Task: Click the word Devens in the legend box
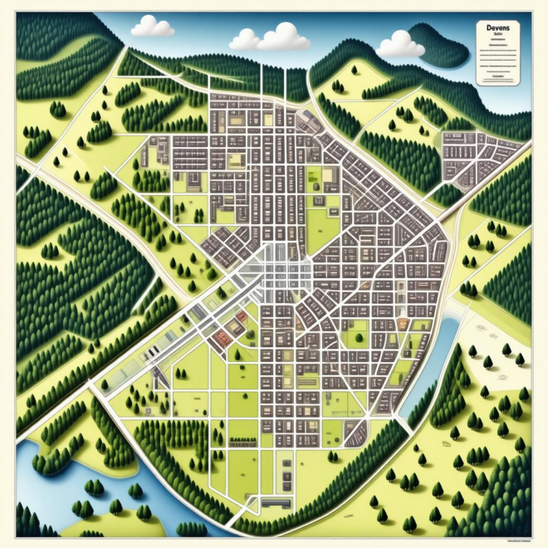coord(496,28)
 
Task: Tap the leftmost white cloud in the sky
coord(153,27)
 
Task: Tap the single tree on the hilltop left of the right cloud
coord(339,85)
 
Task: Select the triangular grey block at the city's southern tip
coord(355,432)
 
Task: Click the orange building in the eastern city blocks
coord(404,324)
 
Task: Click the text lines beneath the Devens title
coord(496,58)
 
